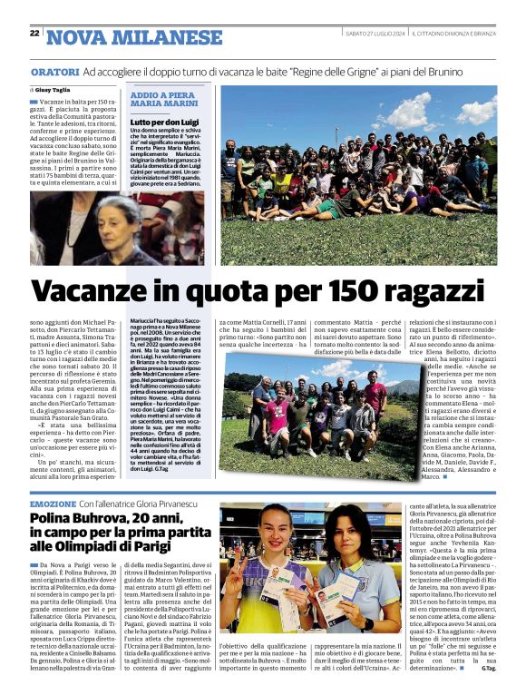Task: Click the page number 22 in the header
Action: click(34, 34)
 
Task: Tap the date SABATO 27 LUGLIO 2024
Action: click(375, 34)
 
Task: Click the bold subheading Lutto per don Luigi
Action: click(164, 121)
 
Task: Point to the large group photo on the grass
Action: click(358, 173)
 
